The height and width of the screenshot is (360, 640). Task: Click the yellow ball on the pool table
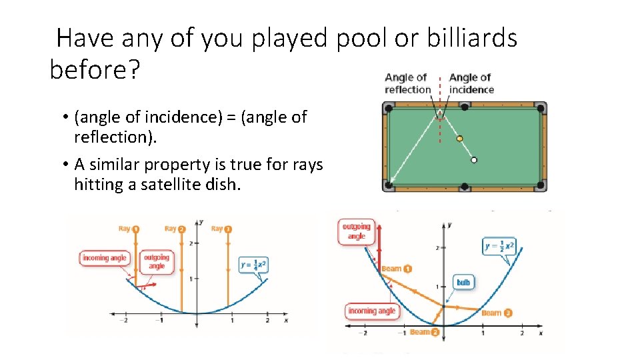click(x=459, y=139)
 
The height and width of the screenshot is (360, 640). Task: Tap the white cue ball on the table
click(x=474, y=160)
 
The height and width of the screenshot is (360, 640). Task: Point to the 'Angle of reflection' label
click(x=407, y=83)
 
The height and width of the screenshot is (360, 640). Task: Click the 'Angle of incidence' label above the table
click(x=471, y=83)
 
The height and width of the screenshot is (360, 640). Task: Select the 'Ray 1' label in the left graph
click(x=129, y=229)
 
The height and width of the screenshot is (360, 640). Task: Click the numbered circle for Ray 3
click(x=228, y=229)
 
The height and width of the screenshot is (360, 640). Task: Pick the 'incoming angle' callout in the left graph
click(x=105, y=258)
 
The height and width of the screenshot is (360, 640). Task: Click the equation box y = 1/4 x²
click(x=253, y=264)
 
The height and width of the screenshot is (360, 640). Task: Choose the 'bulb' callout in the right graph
click(x=463, y=282)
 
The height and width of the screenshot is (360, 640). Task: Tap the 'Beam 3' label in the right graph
click(x=496, y=313)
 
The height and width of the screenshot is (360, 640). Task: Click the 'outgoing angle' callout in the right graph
click(x=356, y=231)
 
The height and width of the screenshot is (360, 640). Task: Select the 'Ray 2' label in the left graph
click(x=175, y=229)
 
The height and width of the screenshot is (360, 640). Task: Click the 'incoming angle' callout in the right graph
click(x=371, y=311)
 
